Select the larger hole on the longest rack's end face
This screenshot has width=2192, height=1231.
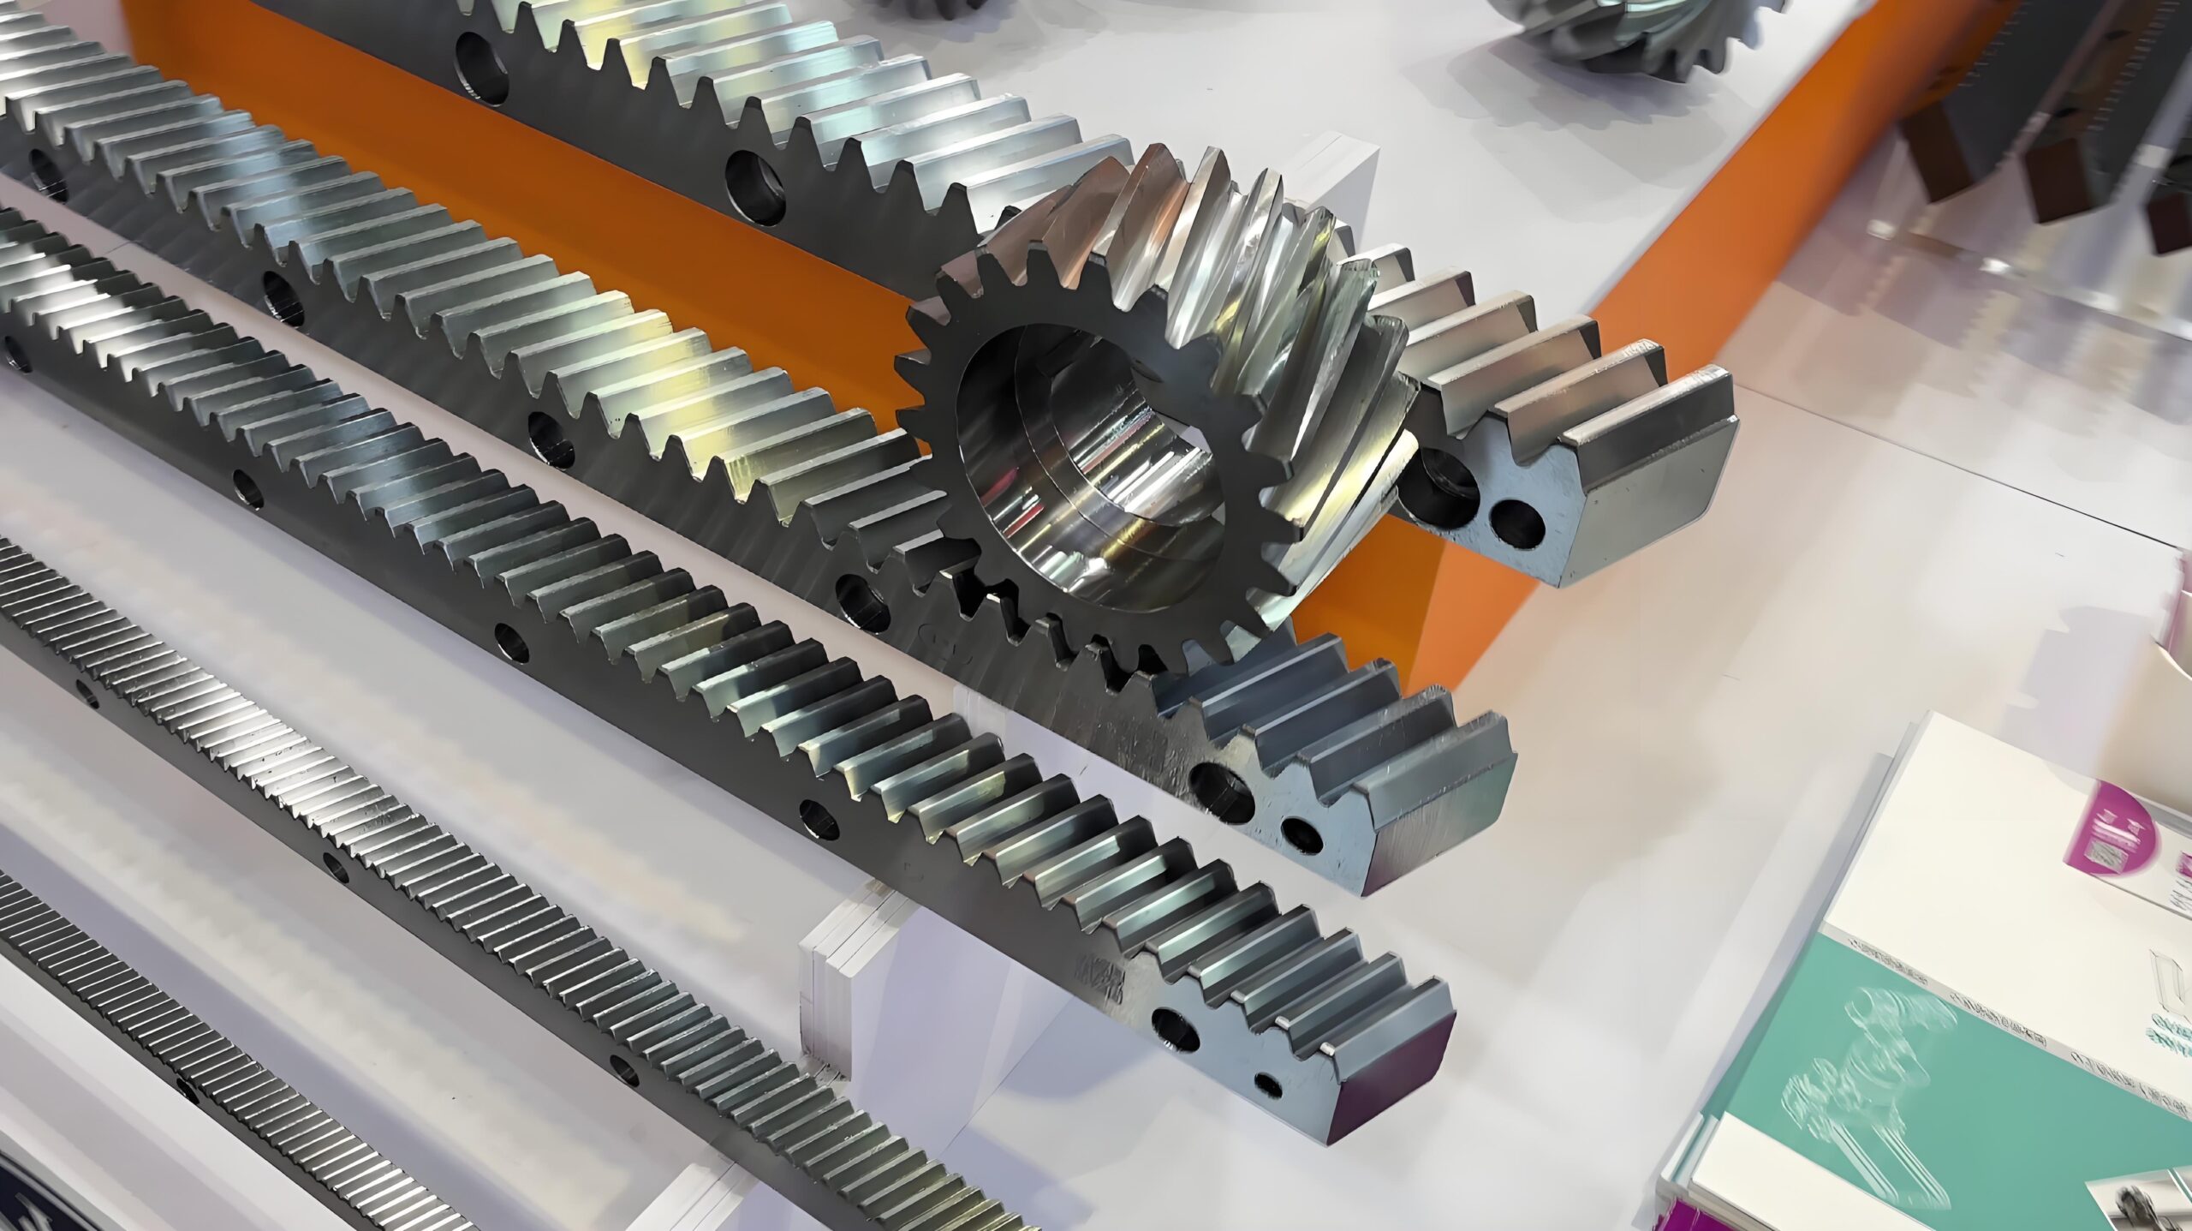click(x=1176, y=1029)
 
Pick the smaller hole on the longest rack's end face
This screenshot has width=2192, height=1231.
click(x=1267, y=1085)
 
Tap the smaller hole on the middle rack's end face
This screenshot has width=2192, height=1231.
click(x=1301, y=835)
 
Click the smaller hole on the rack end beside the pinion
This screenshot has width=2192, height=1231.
click(x=1516, y=523)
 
